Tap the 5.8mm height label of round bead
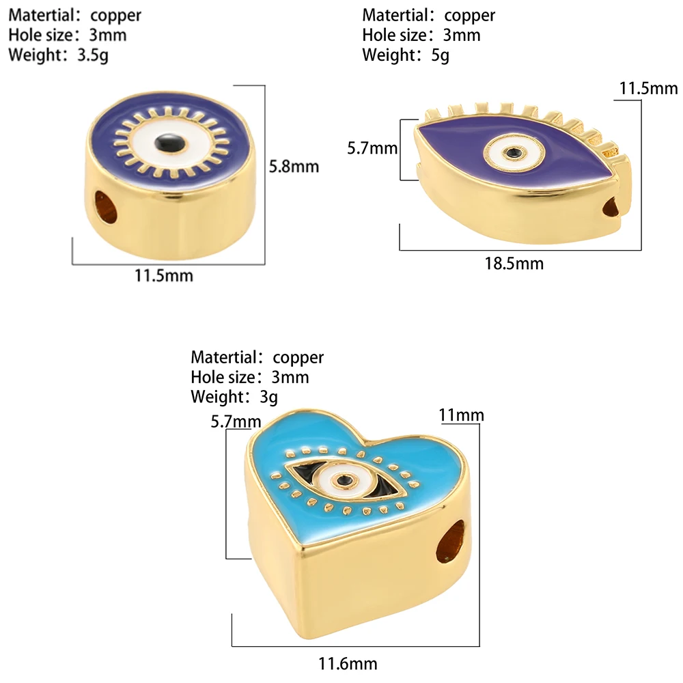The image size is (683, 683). [296, 166]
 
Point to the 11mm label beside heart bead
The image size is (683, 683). [461, 415]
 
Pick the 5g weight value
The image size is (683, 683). [441, 55]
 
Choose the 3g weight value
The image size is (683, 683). [268, 396]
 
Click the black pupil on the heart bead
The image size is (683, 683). [346, 480]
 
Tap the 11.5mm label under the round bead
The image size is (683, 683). [164, 276]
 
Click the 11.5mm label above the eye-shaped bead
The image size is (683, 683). [648, 88]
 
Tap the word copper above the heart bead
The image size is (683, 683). [298, 357]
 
